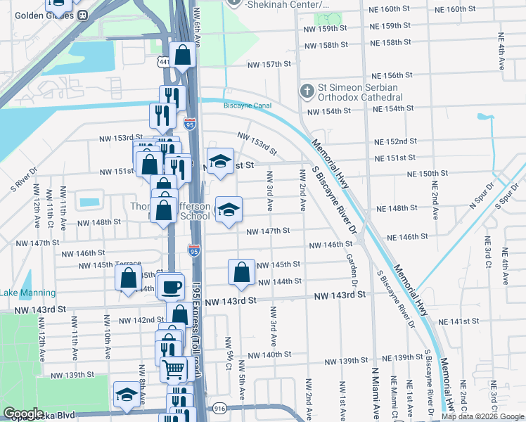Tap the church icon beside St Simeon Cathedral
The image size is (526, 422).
[307, 91]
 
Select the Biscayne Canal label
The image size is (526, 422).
[247, 105]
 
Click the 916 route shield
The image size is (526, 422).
[219, 408]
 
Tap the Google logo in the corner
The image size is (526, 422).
[23, 414]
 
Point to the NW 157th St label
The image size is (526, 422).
[269, 64]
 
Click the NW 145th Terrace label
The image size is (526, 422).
[110, 265]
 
